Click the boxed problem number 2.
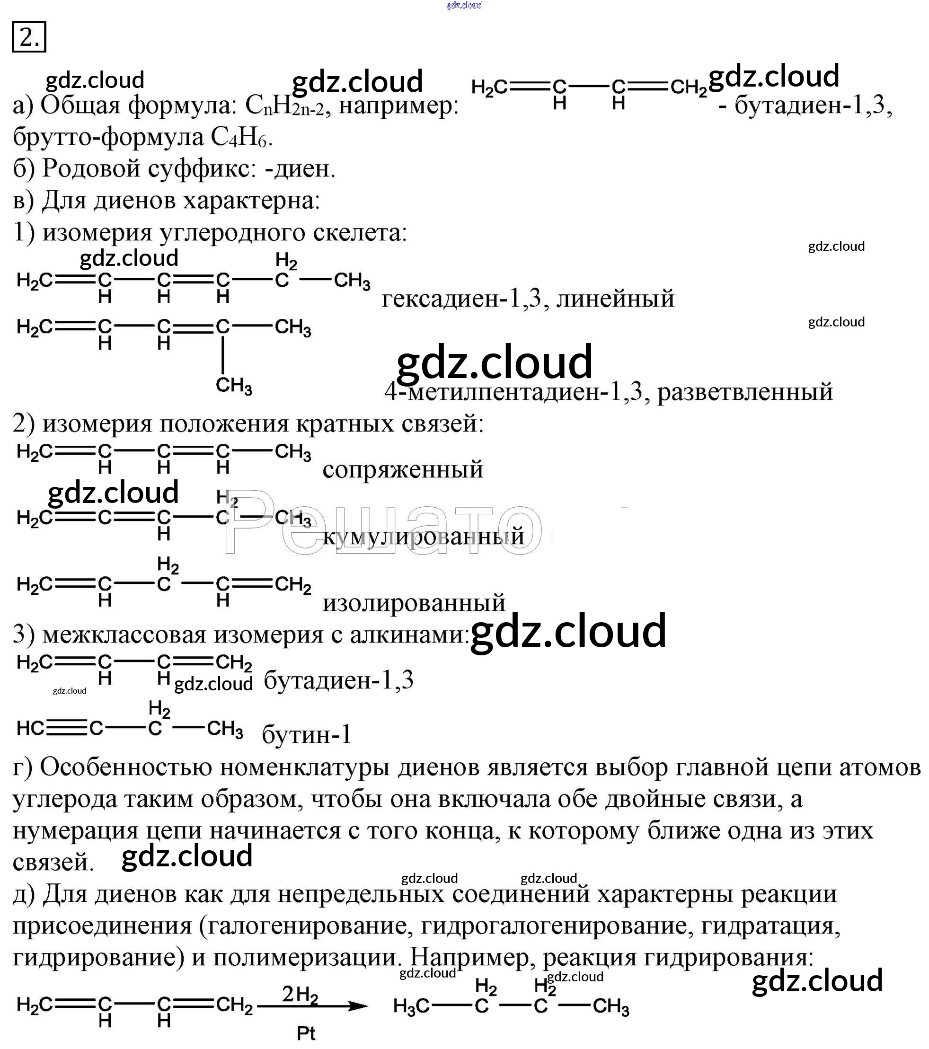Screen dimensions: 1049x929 [29, 37]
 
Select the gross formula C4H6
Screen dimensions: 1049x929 [239, 138]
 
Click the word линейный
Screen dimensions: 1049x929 [615, 298]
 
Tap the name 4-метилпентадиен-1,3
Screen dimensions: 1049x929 [513, 392]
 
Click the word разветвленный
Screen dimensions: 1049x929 [745, 392]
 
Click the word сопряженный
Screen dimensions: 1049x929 [403, 469]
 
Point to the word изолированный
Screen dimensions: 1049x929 [414, 602]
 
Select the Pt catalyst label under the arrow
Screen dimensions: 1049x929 [306, 1033]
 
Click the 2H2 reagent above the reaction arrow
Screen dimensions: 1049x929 [300, 995]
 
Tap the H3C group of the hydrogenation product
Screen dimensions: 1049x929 [411, 1006]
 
